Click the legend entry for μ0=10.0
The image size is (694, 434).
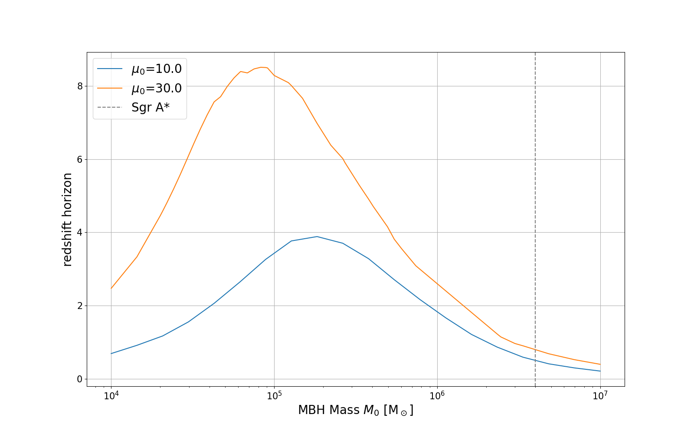[x=156, y=69]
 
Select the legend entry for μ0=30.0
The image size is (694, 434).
[x=156, y=88]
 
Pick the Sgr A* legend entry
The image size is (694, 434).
[x=150, y=108]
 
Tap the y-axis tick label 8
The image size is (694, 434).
[x=79, y=86]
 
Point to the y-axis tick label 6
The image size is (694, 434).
[x=79, y=159]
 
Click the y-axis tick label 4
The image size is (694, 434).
[x=79, y=233]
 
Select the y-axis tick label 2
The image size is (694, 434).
[x=79, y=306]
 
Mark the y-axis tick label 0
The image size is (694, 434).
[x=79, y=379]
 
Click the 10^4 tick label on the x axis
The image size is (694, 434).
[x=111, y=395]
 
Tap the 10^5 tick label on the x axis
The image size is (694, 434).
[x=274, y=395]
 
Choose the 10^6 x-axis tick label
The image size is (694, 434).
[x=437, y=395]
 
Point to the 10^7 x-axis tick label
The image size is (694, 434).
[x=600, y=395]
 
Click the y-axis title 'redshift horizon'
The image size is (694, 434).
[x=68, y=219]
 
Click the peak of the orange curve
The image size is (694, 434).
[x=262, y=67]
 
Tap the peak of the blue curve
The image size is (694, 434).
[x=317, y=237]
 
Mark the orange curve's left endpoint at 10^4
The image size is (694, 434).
[x=111, y=288]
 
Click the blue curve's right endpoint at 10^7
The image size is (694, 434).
[x=600, y=371]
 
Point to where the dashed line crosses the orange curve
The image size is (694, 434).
[x=535, y=350]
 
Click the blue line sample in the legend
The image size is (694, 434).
[x=110, y=69]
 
